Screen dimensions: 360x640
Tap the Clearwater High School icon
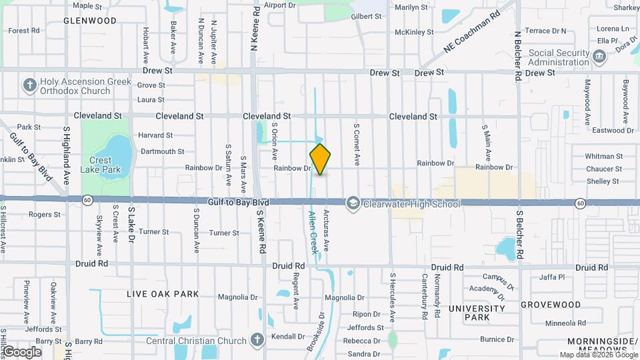353,203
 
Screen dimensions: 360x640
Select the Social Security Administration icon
599,57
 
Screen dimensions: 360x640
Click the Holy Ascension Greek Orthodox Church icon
29,85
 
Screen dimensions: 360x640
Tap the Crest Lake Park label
105,165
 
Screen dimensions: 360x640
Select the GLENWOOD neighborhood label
90,21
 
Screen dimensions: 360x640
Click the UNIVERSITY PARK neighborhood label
477,313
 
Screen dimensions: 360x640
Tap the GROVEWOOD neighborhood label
551,305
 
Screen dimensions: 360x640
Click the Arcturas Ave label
326,231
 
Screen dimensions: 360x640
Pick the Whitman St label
603,156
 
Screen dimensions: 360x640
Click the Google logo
22,351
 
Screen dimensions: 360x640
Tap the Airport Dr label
279,5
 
